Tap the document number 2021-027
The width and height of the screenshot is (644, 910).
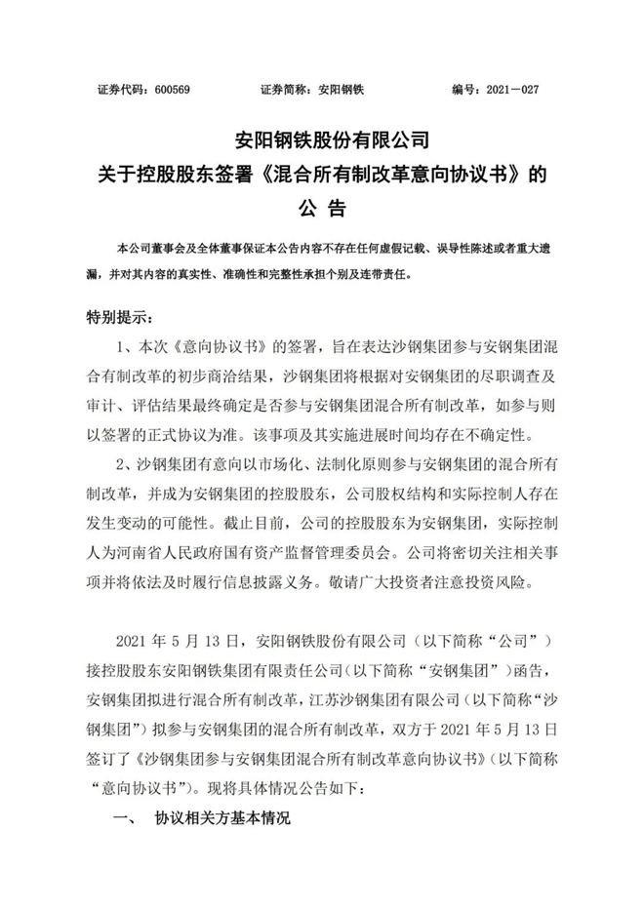pos(509,89)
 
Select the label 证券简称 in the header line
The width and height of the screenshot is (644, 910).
pos(282,89)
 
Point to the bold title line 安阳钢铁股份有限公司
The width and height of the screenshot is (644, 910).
pos(321,139)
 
